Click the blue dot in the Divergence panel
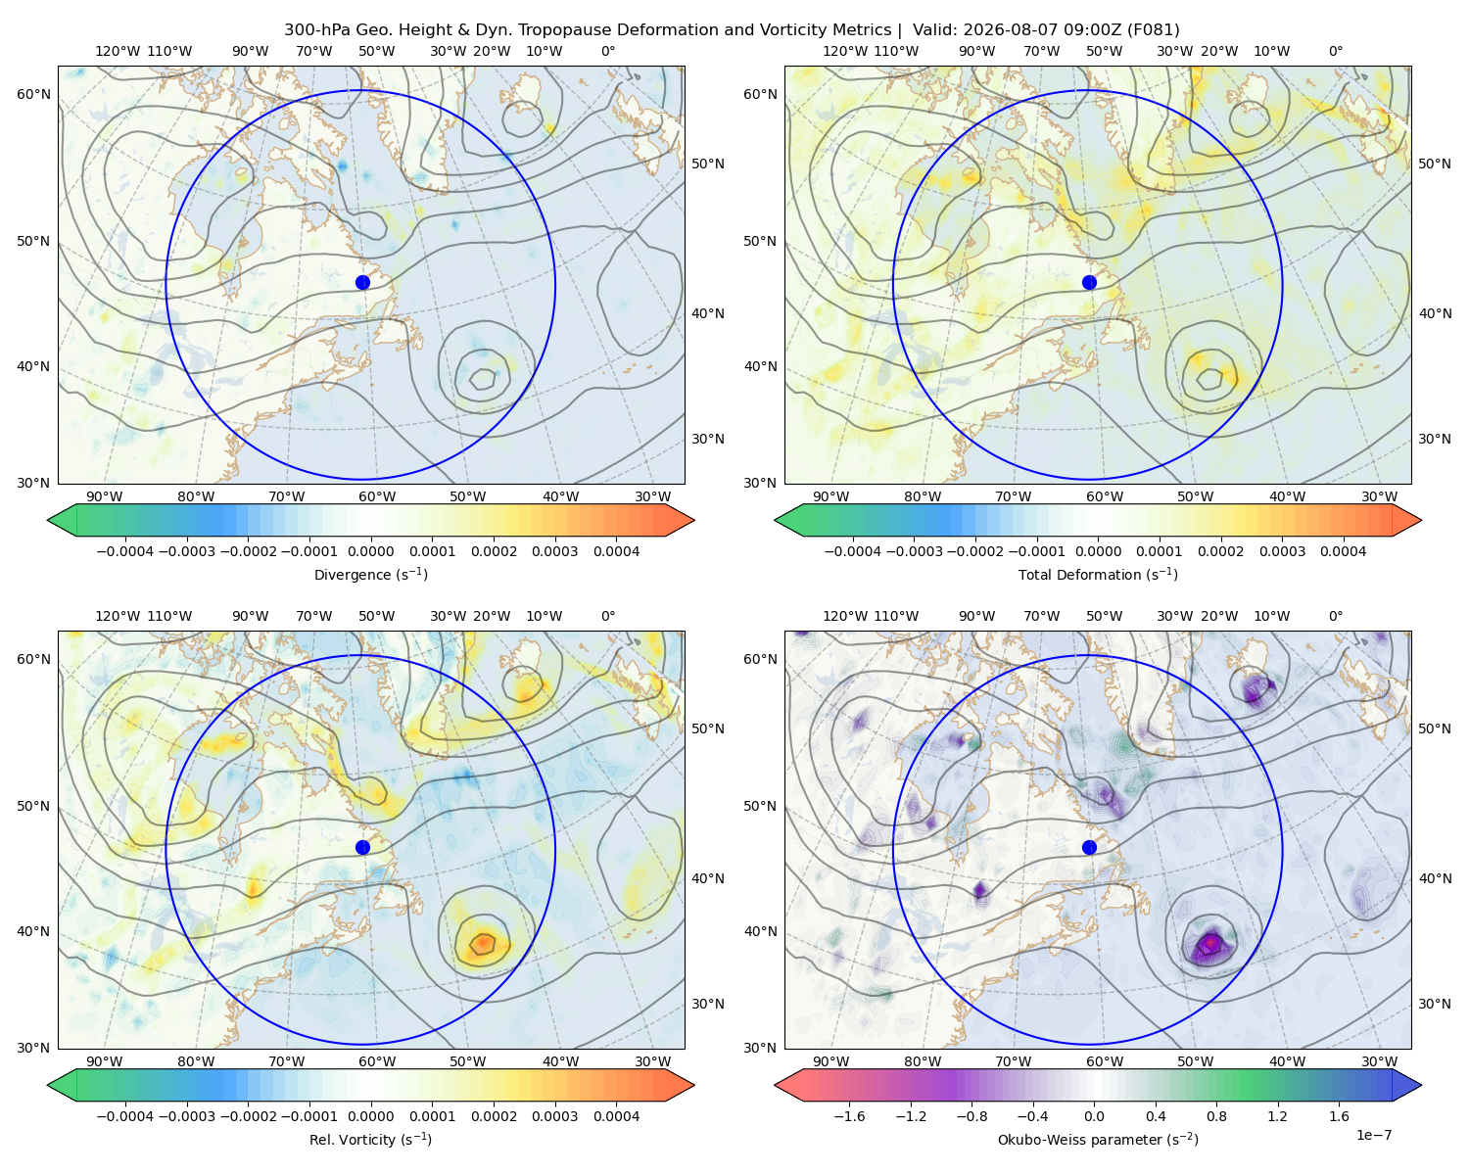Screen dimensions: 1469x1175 tap(362, 282)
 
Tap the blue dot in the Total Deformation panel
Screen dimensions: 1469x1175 tap(1089, 282)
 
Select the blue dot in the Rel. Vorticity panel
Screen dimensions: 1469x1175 tap(362, 847)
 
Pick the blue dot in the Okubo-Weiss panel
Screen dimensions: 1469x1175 tap(1089, 847)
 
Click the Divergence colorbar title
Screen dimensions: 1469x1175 tap(370, 574)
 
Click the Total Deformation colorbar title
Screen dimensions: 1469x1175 tap(1098, 574)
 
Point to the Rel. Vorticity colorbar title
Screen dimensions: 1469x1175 tap(370, 1139)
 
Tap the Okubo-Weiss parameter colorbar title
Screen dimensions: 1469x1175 tap(1098, 1139)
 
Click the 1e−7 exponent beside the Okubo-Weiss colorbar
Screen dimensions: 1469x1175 tap(1373, 1135)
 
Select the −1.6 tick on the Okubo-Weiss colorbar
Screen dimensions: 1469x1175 tap(849, 1116)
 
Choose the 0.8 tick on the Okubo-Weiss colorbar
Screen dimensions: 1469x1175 tap(1216, 1116)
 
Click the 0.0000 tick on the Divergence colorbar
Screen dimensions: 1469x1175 tap(370, 551)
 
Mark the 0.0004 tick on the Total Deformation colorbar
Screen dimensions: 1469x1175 tap(1343, 551)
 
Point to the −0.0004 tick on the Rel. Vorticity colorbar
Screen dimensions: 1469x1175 tap(125, 1116)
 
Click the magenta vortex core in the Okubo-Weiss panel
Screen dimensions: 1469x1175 tap(1209, 943)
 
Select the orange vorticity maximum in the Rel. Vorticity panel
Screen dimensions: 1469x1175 tap(483, 943)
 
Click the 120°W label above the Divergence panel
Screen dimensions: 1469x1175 tap(118, 51)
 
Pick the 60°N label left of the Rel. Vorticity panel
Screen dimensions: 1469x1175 tap(33, 659)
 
